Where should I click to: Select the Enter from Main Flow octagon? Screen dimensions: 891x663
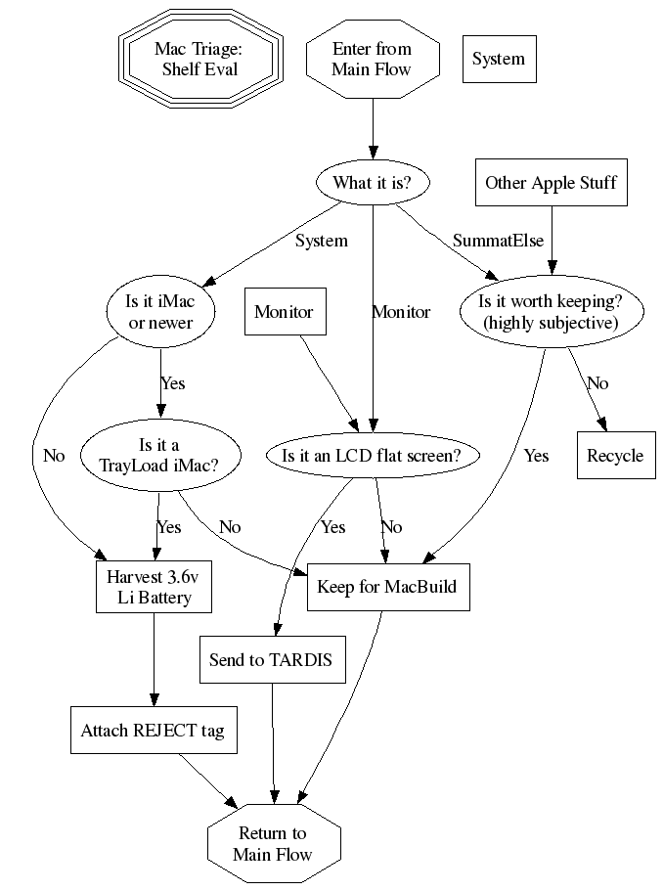tap(372, 59)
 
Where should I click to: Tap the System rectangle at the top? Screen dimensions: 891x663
tap(499, 59)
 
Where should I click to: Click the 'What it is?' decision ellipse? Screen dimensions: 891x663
tap(372, 182)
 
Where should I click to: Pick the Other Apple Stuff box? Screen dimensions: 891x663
tap(552, 182)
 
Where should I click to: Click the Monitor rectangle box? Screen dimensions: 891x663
tap(284, 312)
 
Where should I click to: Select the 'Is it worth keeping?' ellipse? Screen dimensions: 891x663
tap(552, 312)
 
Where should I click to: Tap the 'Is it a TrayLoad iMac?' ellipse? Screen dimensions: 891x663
tap(158, 455)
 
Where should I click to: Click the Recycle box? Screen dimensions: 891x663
tap(615, 455)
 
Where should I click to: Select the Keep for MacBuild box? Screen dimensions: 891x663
tap(387, 588)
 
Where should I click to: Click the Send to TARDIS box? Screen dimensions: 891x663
tap(271, 660)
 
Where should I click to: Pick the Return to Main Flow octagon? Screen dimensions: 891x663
tap(273, 843)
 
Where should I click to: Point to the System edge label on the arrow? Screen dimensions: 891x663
tap(321, 241)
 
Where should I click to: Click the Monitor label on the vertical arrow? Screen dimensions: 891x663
tap(401, 312)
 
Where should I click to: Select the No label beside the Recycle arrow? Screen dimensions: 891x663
tap(597, 383)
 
